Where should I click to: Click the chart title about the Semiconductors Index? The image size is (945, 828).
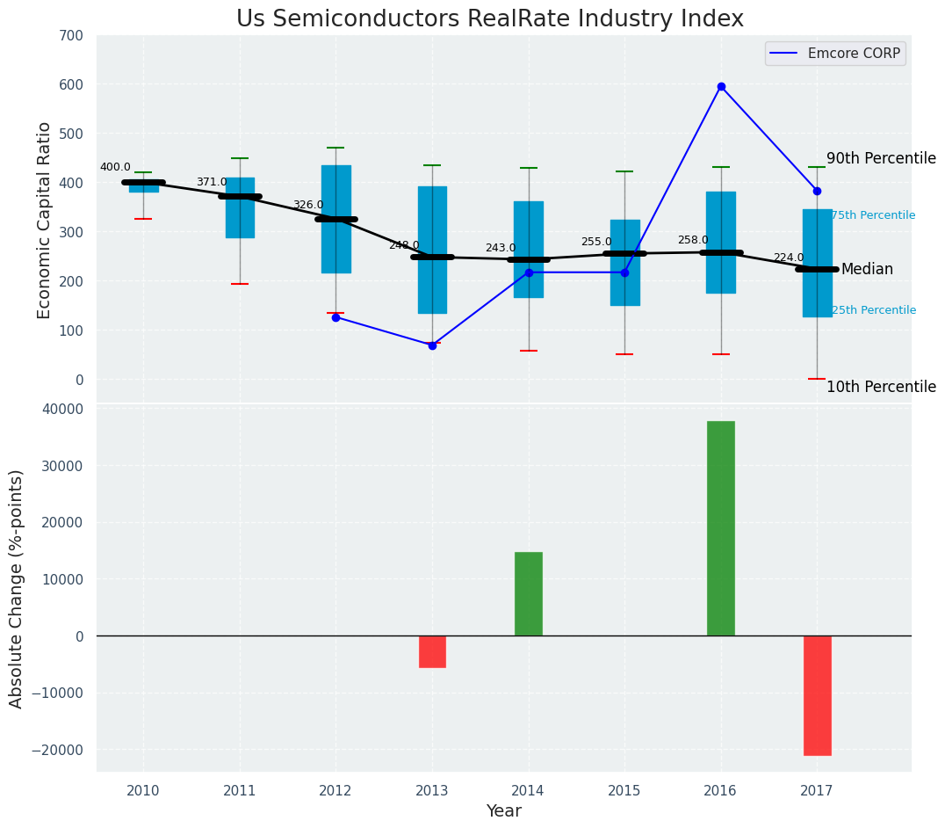pyautogui.click(x=489, y=19)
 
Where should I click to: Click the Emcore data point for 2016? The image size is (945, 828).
pyautogui.click(x=721, y=86)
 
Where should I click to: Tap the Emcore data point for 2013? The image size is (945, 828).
pyautogui.click(x=432, y=345)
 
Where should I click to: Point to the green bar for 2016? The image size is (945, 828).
pyautogui.click(x=721, y=528)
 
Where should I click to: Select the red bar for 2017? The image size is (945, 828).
pyautogui.click(x=817, y=695)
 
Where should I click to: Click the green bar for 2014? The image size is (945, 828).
pyautogui.click(x=529, y=594)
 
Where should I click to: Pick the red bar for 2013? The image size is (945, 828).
pyautogui.click(x=432, y=651)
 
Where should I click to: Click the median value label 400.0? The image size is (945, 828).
pyautogui.click(x=115, y=167)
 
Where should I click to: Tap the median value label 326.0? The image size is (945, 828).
pyautogui.click(x=307, y=205)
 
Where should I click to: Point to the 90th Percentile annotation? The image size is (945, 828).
pyautogui.click(x=881, y=158)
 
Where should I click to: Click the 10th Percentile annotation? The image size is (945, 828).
pyautogui.click(x=881, y=387)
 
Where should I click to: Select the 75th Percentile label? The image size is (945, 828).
pyautogui.click(x=873, y=215)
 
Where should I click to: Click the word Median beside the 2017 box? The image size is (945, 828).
pyautogui.click(x=867, y=270)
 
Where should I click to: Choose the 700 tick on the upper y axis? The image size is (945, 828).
pyautogui.click(x=71, y=36)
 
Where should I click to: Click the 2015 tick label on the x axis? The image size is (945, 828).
pyautogui.click(x=624, y=791)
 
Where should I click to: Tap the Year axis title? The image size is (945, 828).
pyautogui.click(x=504, y=811)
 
